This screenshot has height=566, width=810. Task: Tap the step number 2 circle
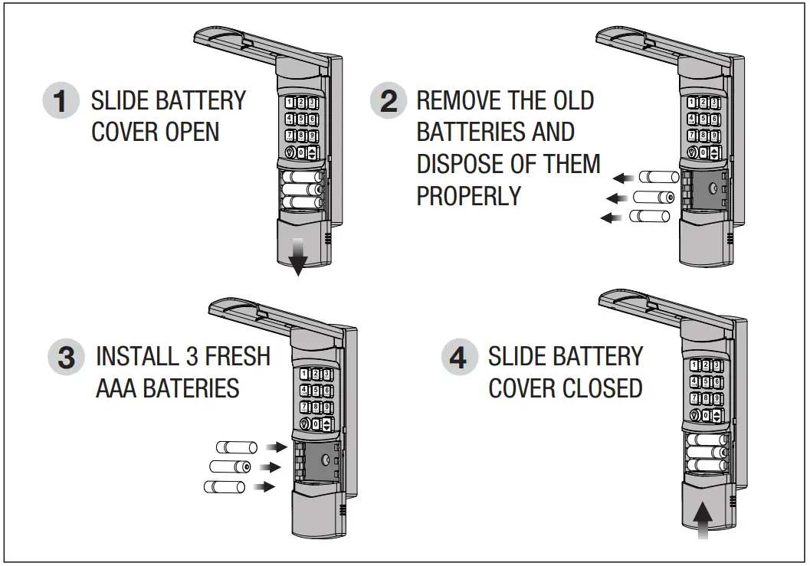[x=389, y=101]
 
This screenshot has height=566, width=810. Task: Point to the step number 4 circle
[x=459, y=358]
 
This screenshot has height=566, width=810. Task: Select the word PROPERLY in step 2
[x=468, y=196]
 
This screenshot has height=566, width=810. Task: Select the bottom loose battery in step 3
[x=224, y=486]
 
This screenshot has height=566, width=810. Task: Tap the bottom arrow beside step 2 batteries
[x=612, y=218]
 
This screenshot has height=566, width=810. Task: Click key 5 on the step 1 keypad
[x=301, y=119]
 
